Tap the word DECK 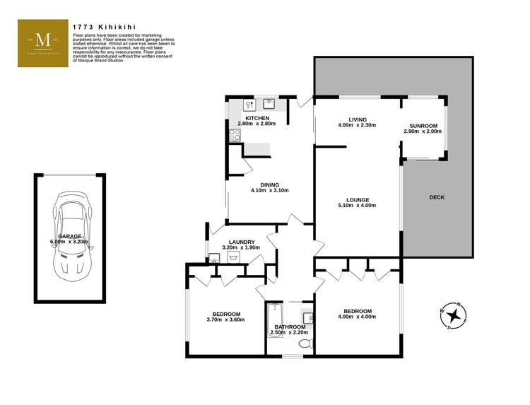tap(437, 197)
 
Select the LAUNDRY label tap(241, 242)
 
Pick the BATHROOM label tap(290, 326)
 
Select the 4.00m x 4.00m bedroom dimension tap(358, 317)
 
